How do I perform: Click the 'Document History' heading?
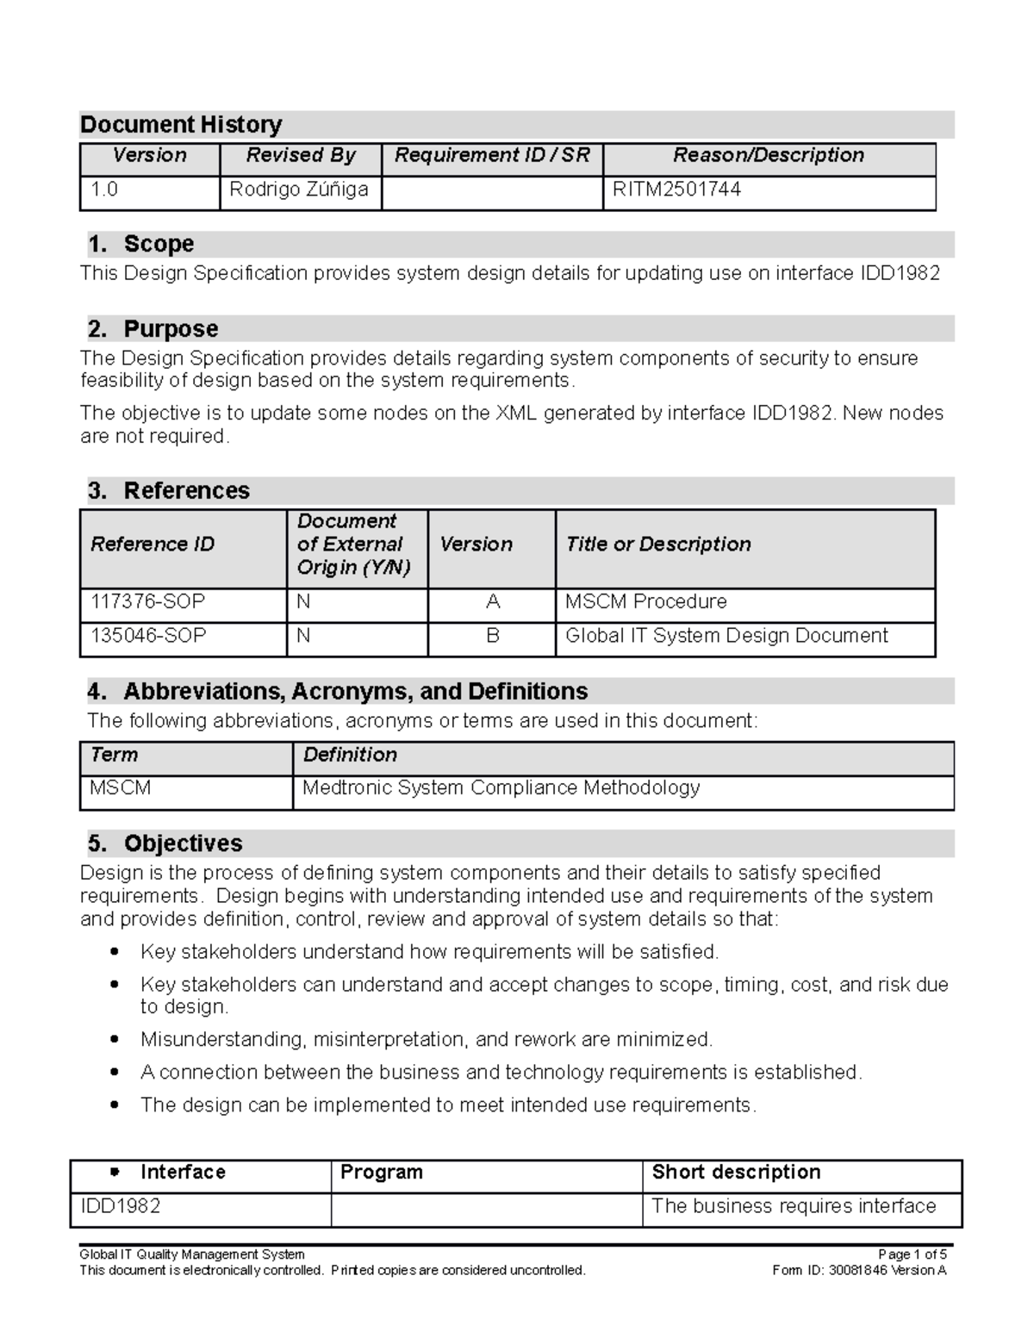pos(181,125)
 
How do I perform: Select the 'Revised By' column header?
pos(300,155)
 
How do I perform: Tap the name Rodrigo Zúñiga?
pos(298,190)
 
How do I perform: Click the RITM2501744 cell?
pos(676,190)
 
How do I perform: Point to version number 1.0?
pos(104,190)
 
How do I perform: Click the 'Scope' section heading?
pos(159,244)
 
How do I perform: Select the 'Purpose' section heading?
pos(170,329)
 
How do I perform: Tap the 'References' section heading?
pos(186,491)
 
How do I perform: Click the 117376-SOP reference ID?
pos(148,601)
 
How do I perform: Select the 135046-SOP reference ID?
pos(148,636)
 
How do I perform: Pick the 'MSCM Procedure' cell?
pos(645,601)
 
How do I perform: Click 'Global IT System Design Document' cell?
pos(726,636)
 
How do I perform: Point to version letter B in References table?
pos(493,636)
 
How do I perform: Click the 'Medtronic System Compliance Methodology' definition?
pos(501,788)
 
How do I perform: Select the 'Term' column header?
pos(114,755)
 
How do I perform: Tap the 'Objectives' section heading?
pos(183,843)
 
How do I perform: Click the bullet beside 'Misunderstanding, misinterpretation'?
pos(114,1040)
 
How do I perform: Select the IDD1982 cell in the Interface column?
pos(121,1206)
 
